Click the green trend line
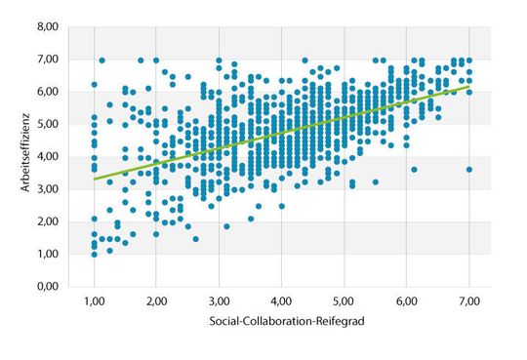[x=282, y=134]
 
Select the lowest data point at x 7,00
[x=469, y=170]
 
